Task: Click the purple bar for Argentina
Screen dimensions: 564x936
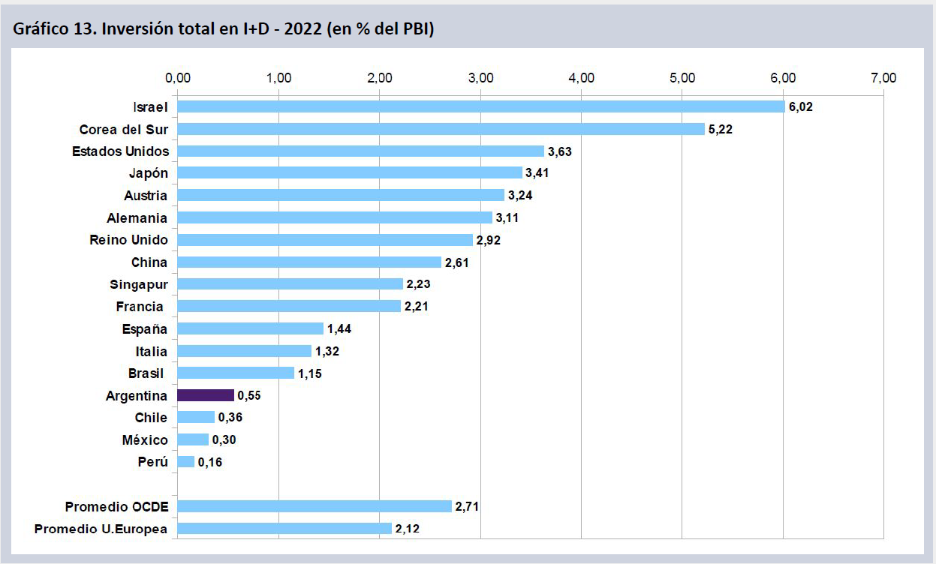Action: (x=205, y=395)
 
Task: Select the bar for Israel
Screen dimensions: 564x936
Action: (x=480, y=106)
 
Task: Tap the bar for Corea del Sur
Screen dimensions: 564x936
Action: (x=441, y=129)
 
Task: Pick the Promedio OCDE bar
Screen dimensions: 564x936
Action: (x=314, y=506)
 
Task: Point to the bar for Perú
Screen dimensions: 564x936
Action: (x=185, y=462)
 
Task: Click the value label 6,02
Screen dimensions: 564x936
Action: (x=801, y=107)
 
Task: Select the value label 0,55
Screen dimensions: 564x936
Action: (x=249, y=395)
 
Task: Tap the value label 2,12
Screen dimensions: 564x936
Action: (x=408, y=529)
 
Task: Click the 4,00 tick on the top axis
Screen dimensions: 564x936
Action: (x=582, y=77)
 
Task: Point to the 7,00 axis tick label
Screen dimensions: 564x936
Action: (x=884, y=77)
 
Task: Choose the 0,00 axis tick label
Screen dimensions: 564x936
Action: (x=178, y=77)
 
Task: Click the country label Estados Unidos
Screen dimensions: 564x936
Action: (x=120, y=151)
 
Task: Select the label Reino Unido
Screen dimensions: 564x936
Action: (x=128, y=240)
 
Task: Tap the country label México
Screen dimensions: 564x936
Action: (x=145, y=439)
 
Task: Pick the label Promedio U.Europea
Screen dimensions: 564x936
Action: (x=101, y=529)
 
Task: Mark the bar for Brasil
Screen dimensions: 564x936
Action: (x=236, y=373)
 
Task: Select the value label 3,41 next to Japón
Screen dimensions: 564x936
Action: (x=537, y=173)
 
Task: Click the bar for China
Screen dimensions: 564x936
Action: (x=309, y=262)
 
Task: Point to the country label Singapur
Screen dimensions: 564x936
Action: (x=139, y=284)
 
